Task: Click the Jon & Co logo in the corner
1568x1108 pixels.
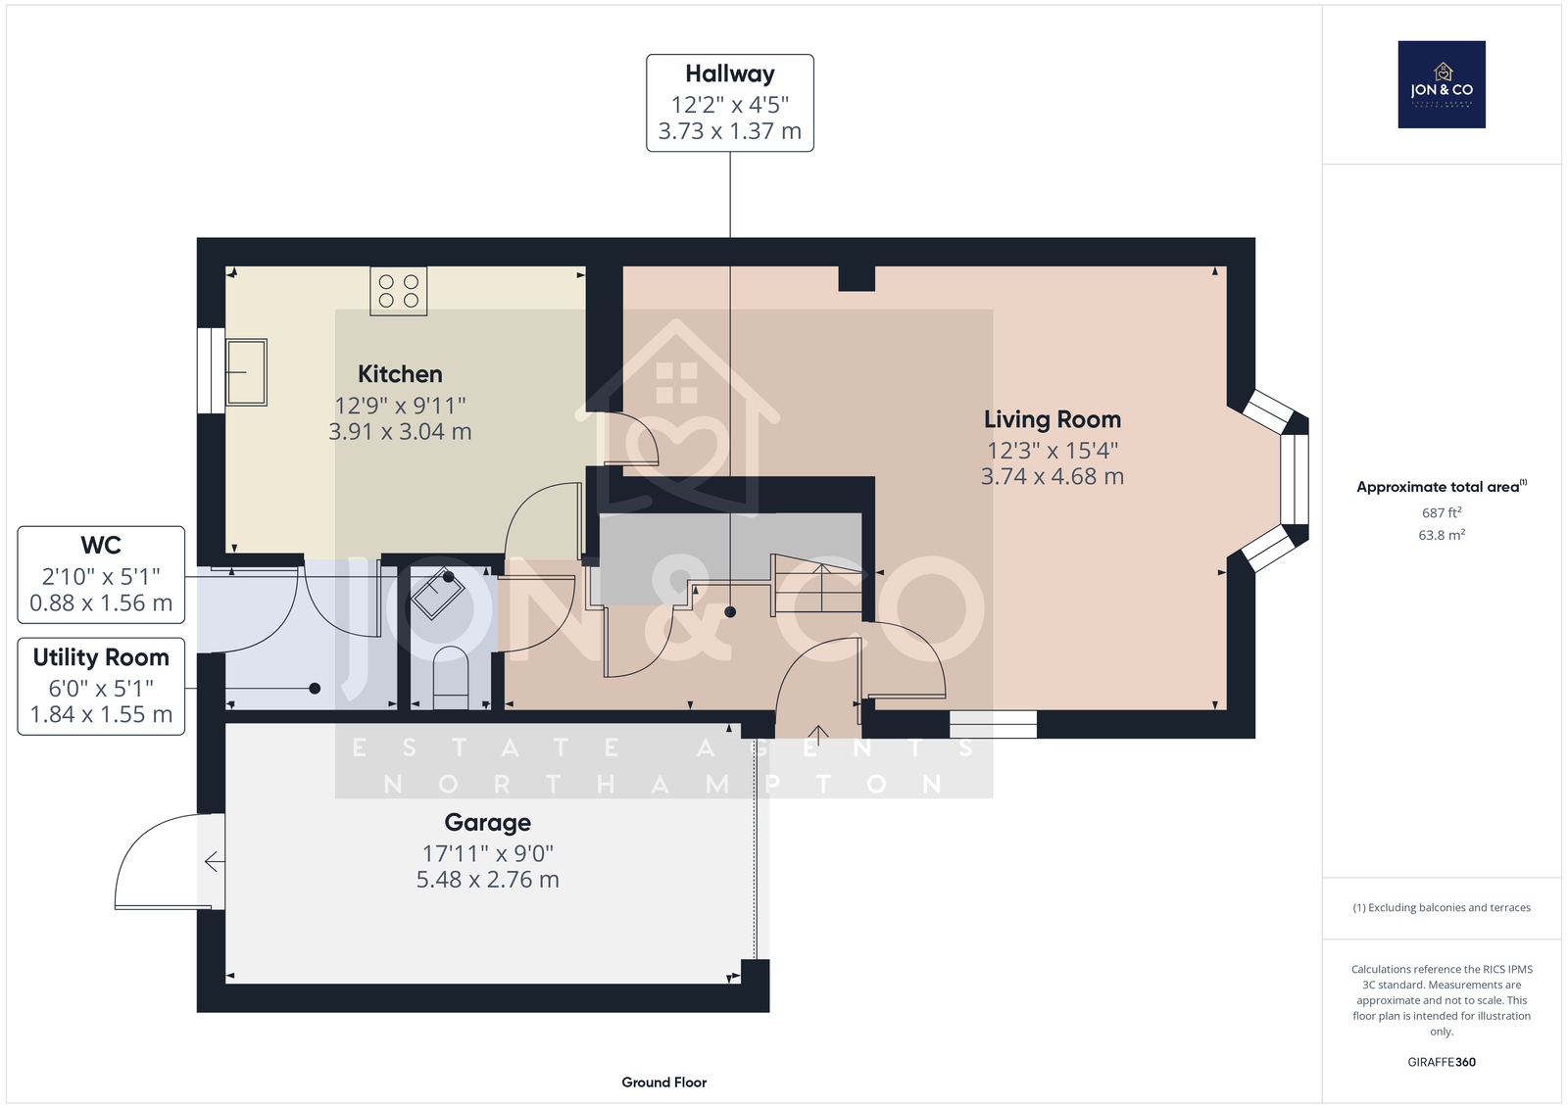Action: click(1442, 84)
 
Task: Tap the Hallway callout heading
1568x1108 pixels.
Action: click(729, 73)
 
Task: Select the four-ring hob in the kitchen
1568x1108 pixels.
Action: click(398, 291)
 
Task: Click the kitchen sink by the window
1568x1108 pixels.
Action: click(246, 372)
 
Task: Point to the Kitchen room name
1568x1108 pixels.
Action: click(400, 374)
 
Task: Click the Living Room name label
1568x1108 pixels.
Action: click(1053, 419)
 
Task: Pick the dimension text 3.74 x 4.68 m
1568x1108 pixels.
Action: click(1053, 477)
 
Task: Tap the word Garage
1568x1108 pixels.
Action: click(487, 822)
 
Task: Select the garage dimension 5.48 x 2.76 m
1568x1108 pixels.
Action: click(487, 879)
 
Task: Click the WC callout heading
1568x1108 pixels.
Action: click(101, 546)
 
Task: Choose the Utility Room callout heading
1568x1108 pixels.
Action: click(101, 657)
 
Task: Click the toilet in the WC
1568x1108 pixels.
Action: click(450, 678)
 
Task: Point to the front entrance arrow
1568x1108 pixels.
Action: click(818, 733)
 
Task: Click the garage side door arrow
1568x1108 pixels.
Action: click(215, 862)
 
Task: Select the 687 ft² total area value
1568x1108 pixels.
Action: click(1442, 512)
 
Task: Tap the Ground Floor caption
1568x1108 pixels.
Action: click(663, 1083)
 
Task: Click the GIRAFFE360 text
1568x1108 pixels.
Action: click(1442, 1062)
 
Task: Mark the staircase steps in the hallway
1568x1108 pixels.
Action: click(817, 585)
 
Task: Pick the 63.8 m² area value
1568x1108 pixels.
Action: click(1442, 535)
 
